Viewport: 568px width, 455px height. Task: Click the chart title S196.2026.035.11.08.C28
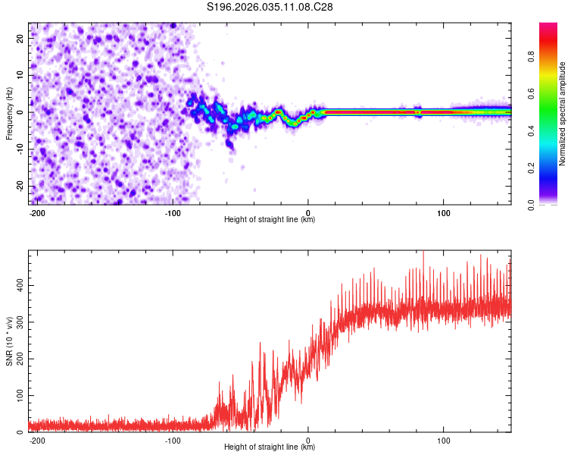(x=270, y=7)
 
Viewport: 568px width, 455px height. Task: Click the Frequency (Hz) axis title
(x=9, y=113)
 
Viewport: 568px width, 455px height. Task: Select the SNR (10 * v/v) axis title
(x=9, y=341)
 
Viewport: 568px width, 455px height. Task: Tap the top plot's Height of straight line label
(x=270, y=220)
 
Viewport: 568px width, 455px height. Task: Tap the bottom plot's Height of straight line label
(x=270, y=447)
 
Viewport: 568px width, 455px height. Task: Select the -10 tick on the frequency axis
(x=20, y=149)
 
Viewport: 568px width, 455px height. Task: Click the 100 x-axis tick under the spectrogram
(x=443, y=212)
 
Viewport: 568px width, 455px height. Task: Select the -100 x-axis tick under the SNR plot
(x=172, y=439)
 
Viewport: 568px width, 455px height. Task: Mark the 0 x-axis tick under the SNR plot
(x=308, y=439)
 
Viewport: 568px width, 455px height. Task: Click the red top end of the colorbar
(x=548, y=26)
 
